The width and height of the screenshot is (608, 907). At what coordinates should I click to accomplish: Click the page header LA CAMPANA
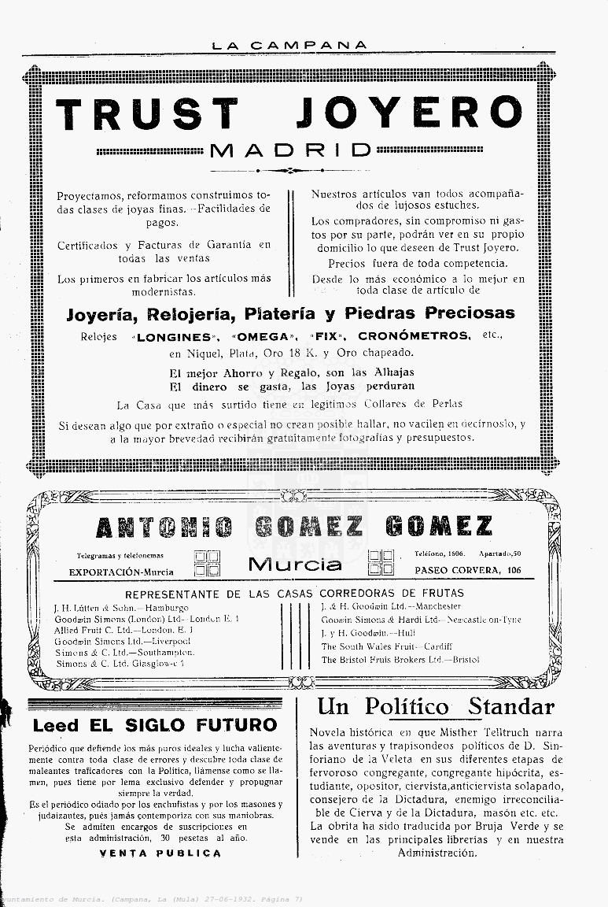click(x=289, y=46)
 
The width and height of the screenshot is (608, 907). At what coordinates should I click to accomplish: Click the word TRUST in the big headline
click(x=147, y=114)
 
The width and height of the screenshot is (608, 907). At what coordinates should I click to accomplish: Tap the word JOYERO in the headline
click(x=409, y=114)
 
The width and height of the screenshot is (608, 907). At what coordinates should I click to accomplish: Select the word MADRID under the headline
click(x=291, y=150)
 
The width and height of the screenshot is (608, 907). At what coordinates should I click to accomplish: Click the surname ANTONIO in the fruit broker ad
click(x=164, y=528)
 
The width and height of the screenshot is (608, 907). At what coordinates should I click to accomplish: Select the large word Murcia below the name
click(x=295, y=564)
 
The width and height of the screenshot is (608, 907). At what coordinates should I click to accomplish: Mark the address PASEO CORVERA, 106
click(x=468, y=570)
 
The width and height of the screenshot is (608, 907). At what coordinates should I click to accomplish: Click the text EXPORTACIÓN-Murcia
click(x=121, y=572)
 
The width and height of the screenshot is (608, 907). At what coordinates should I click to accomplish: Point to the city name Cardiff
click(x=437, y=646)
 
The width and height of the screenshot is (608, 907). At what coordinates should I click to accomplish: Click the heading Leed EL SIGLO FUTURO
click(x=155, y=725)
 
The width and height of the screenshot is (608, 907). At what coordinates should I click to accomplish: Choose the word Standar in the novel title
click(x=511, y=706)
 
